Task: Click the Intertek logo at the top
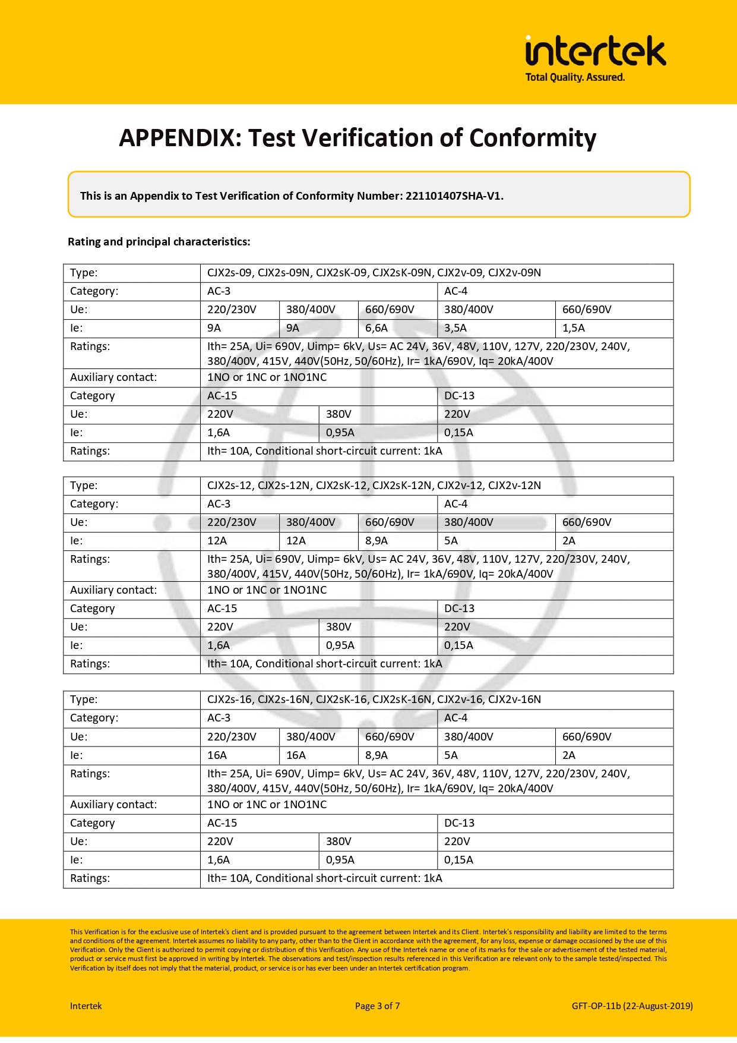tap(595, 51)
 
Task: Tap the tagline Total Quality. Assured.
tap(575, 77)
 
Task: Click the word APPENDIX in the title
tap(177, 138)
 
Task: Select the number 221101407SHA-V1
tap(454, 196)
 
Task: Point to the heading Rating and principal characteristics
tap(159, 242)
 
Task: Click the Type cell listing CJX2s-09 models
tap(374, 273)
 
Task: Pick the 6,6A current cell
tap(377, 328)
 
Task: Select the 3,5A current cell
tap(456, 328)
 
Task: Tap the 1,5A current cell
tap(574, 328)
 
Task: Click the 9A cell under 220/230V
tap(214, 328)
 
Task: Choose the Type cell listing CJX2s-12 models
tap(374, 486)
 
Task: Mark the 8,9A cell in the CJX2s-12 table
tap(377, 541)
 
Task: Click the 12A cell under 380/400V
tap(296, 541)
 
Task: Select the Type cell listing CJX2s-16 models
tap(374, 699)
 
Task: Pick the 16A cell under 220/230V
tap(217, 755)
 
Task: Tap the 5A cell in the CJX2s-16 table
tap(451, 755)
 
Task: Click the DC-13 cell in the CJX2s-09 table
tap(459, 396)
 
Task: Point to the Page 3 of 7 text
tap(377, 1006)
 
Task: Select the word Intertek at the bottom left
tap(86, 1006)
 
